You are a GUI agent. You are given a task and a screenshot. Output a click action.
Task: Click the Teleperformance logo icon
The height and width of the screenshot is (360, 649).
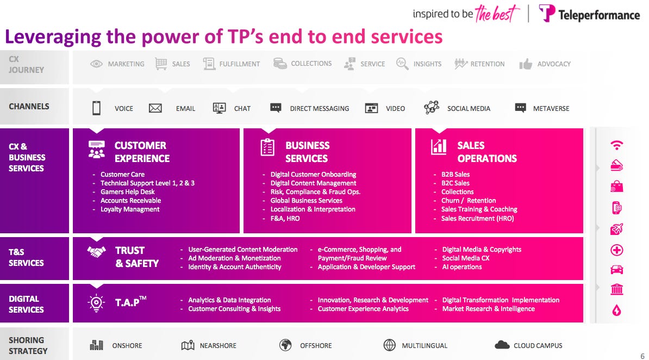click(547, 14)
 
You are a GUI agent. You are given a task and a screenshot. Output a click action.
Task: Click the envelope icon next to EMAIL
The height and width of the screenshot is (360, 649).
click(155, 108)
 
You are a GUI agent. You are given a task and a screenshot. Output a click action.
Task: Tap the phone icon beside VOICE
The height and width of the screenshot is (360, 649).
click(96, 108)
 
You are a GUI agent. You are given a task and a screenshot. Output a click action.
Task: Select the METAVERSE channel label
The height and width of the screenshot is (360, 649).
click(551, 108)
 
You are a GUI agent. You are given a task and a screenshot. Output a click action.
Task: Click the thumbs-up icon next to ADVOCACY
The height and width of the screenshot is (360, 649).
click(526, 64)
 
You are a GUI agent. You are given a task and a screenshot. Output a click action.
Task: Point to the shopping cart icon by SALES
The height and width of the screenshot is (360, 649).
click(161, 64)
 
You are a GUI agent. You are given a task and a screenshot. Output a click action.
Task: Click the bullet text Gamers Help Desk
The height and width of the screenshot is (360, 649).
click(127, 192)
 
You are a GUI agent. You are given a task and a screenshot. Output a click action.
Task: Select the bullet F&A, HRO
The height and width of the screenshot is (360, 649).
click(285, 218)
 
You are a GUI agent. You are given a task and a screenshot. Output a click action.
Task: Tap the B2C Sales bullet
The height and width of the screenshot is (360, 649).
click(455, 183)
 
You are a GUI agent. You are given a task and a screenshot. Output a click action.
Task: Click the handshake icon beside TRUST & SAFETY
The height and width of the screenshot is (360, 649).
click(97, 252)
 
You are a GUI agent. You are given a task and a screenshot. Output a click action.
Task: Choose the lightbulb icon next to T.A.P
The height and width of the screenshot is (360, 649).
click(96, 303)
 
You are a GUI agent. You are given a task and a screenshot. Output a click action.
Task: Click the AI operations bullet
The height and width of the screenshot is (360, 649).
click(461, 267)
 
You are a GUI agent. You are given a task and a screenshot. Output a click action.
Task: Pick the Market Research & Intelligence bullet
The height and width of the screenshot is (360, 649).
click(488, 309)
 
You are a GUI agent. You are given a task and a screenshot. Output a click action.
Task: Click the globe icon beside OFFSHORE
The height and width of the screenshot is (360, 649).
click(285, 345)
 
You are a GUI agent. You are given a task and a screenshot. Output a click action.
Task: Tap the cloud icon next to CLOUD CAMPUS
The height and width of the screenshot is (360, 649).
click(502, 345)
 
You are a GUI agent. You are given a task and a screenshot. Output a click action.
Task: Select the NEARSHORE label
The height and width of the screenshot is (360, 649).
click(218, 345)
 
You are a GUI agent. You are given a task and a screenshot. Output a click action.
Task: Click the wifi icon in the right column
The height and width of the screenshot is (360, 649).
click(617, 145)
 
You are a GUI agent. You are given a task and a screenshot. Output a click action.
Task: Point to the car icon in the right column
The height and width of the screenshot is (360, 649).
click(617, 270)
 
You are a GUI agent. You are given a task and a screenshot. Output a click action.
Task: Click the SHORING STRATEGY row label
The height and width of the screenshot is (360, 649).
click(27, 345)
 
